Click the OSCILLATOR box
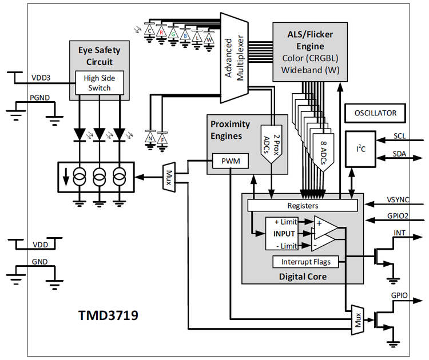[x=375, y=113]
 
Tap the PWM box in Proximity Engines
[x=231, y=162]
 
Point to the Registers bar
[x=302, y=205]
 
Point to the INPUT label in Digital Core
[x=284, y=234]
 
